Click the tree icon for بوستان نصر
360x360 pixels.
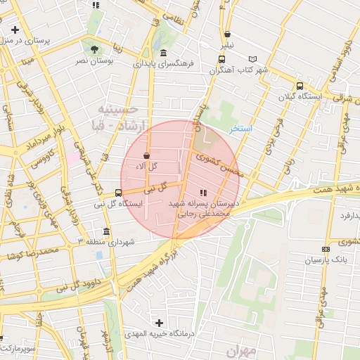coord(95,49)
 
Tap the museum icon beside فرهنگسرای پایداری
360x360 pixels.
coord(164,53)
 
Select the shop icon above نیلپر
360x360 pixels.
coord(226,34)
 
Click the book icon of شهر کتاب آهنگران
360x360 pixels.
coord(253,59)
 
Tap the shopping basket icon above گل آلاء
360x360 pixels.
coord(146,155)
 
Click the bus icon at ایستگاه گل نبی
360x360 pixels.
coord(118,192)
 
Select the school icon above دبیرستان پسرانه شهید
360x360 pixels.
coord(203,192)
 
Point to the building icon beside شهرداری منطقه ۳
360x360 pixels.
coord(106,231)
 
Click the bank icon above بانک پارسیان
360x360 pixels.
coord(326,249)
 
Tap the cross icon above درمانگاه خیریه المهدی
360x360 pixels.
coord(161,322)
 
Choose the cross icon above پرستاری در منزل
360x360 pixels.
coord(15,30)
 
